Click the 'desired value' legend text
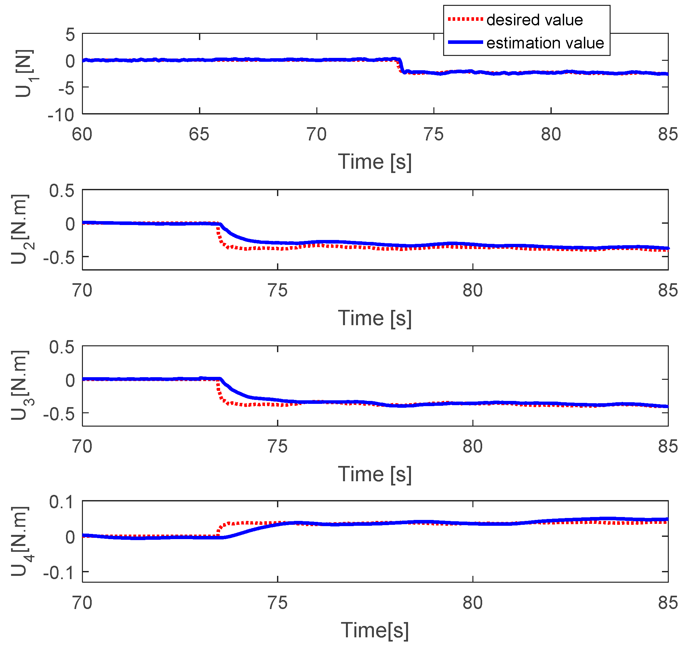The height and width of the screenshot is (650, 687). pos(534,20)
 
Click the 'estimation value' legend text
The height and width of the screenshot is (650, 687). pos(545,43)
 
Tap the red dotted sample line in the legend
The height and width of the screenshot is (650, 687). pos(465,20)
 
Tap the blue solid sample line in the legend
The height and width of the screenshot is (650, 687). pos(465,42)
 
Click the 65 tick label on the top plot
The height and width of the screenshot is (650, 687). pos(199,134)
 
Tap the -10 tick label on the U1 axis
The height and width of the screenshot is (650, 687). pos(61,115)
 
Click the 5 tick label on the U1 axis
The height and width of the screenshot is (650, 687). pos(70,35)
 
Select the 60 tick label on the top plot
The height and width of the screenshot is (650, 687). pos(82,134)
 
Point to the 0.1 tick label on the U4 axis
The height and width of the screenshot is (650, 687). pos(62,502)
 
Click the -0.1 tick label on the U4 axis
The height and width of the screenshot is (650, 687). pos(59,573)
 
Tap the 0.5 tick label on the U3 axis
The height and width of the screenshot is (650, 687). pos(62,347)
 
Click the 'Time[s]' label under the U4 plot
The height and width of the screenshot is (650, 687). pos(375,630)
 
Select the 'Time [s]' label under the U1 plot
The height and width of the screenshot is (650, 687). pos(375,162)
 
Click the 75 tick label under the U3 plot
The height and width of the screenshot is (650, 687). pos(278,447)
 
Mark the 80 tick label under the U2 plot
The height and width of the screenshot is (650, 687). pos(472,290)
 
